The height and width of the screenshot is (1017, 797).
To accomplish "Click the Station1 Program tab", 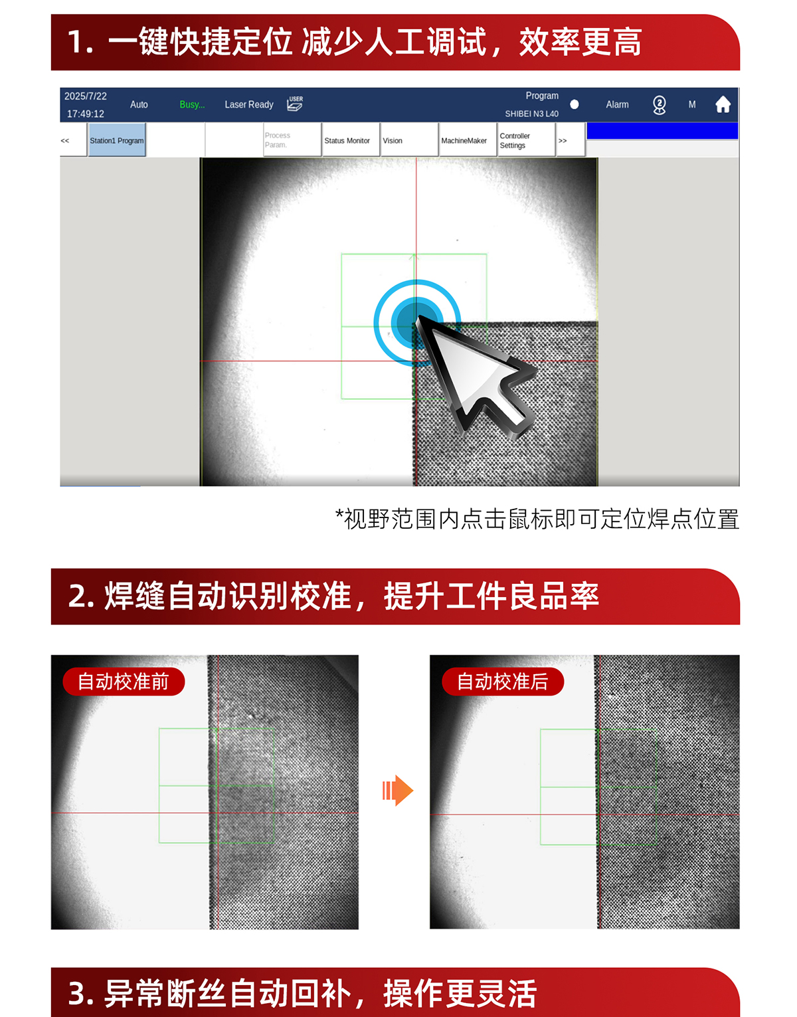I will [x=117, y=140].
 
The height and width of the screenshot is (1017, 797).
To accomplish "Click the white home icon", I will [x=723, y=104].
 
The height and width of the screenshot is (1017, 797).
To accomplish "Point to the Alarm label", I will [x=617, y=104].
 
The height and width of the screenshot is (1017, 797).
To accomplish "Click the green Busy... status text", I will [x=192, y=104].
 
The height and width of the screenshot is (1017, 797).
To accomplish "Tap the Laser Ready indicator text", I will [x=249, y=104].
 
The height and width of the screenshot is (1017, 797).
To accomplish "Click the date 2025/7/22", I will [x=86, y=96].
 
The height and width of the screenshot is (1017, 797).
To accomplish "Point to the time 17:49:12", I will [x=86, y=114].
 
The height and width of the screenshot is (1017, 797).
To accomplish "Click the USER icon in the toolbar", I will [x=295, y=104].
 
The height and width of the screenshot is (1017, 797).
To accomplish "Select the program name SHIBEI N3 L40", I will [x=531, y=114].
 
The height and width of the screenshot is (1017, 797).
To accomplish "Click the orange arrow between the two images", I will [x=398, y=790].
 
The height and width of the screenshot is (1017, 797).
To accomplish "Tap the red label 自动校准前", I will [x=124, y=682].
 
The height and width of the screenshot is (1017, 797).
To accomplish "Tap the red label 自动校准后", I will [x=503, y=682].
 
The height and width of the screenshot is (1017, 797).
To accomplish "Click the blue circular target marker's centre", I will [x=416, y=322].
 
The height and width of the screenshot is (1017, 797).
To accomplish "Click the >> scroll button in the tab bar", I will [x=563, y=140].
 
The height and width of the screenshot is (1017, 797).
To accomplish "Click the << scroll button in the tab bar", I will [x=65, y=140].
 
